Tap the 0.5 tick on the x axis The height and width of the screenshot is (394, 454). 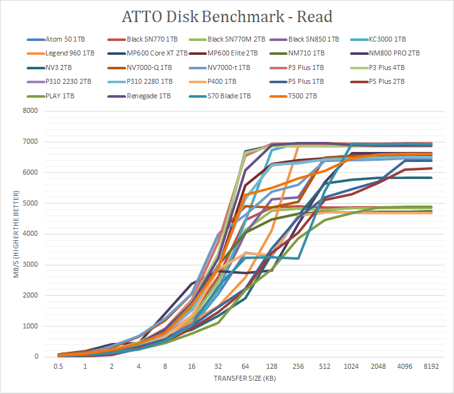[x=58, y=366]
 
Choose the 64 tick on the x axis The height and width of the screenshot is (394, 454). [x=244, y=366]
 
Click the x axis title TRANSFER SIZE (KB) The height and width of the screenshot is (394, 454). [x=244, y=379]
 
